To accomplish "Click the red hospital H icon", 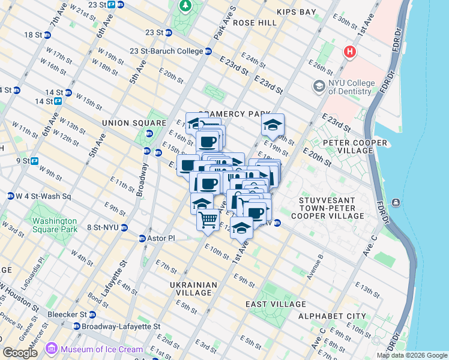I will pyautogui.click(x=349, y=52).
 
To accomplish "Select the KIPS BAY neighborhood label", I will pyautogui.click(x=296, y=12).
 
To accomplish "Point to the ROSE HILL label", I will pyautogui.click(x=255, y=23).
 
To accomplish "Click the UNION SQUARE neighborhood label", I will pyautogui.click(x=124, y=123).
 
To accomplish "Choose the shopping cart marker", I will pyautogui.click(x=208, y=220).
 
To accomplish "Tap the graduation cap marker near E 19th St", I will pyautogui.click(x=273, y=125).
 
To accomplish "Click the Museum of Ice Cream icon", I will pyautogui.click(x=52, y=348).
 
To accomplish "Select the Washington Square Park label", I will pyautogui.click(x=55, y=225).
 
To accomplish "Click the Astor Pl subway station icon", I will pyautogui.click(x=142, y=238).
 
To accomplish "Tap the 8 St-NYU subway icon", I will pyautogui.click(x=124, y=227).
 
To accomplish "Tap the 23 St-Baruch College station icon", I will pyautogui.click(x=208, y=52).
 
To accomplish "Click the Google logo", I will pyautogui.click(x=20, y=353).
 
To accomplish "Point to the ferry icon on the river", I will pyautogui.click(x=396, y=202).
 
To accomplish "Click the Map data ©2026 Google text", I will pyautogui.click(x=411, y=355).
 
